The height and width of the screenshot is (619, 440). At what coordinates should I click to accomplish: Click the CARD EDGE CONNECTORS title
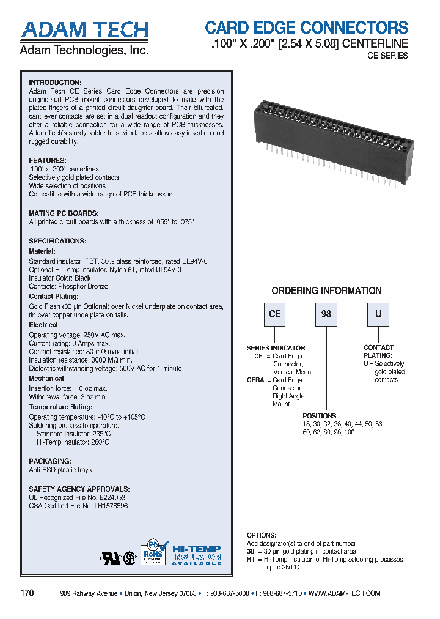pos(306,28)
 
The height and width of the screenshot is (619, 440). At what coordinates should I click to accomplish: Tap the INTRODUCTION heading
pos(55,83)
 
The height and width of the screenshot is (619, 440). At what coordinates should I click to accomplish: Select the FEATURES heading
pos(48,161)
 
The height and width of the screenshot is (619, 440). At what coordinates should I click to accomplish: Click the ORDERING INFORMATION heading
pos(326,291)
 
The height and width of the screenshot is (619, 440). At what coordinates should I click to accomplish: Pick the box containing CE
pos(274,314)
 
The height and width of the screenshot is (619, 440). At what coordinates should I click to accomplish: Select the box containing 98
pos(326,314)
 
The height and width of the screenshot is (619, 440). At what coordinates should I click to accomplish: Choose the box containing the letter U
pos(378,314)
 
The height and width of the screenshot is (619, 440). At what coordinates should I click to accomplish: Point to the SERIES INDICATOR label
pos(276,348)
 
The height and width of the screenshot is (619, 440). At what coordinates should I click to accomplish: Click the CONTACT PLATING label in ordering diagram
pos(378,351)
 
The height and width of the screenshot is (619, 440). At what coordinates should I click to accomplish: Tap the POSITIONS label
pos(319,416)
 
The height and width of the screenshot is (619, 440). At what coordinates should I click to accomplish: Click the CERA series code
pos(255,380)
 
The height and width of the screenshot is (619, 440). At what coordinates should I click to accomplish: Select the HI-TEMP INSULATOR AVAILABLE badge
pos(196,554)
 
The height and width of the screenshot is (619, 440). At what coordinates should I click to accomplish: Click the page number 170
pos(27,593)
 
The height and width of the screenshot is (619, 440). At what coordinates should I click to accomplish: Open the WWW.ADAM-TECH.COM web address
pos(344,593)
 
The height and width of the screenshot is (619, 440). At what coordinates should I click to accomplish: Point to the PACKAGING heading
pos(50,461)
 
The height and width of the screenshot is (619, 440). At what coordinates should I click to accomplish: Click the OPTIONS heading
pos(261,535)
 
